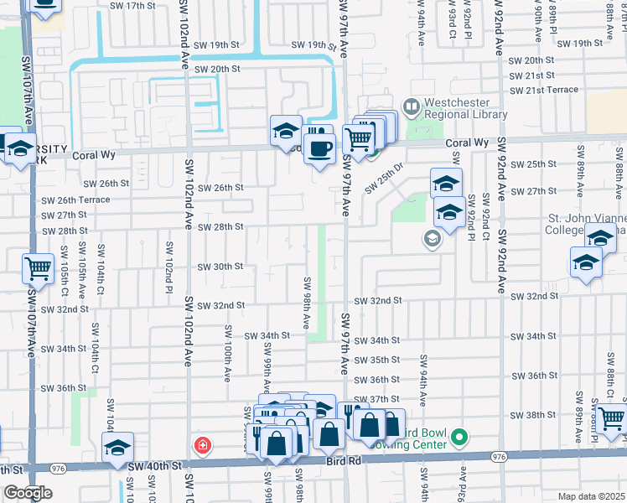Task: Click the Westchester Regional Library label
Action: (465, 108)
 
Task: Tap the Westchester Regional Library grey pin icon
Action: (411, 107)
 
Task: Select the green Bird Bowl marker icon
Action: (459, 437)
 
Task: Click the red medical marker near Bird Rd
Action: (201, 445)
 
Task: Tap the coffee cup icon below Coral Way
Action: (319, 149)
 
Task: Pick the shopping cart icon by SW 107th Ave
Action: (39, 269)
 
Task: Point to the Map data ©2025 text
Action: (591, 496)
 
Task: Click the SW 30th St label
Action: (220, 267)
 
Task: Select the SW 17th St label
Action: (133, 5)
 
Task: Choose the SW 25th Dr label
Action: (385, 177)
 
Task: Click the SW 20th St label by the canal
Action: (217, 69)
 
